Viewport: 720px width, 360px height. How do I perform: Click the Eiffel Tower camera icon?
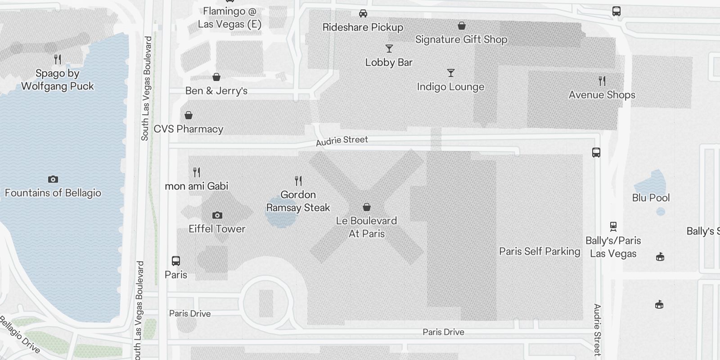tap(217, 216)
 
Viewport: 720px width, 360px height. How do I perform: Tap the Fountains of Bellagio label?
tap(53, 193)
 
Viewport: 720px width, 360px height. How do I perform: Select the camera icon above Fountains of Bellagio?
tap(53, 180)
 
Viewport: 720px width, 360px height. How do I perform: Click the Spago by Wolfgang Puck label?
tap(58, 80)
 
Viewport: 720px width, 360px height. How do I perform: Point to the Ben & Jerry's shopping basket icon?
tap(216, 77)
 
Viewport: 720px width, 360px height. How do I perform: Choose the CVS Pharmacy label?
tap(189, 129)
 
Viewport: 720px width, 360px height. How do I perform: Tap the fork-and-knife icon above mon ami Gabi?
tap(197, 172)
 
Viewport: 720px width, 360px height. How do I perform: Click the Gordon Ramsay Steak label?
tap(298, 201)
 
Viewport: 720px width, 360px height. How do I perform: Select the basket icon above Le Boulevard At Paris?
tap(367, 207)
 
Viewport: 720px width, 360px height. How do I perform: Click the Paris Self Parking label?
tap(540, 252)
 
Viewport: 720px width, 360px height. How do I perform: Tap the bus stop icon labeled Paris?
tap(176, 261)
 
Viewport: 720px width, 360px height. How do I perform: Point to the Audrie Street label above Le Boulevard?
tap(342, 141)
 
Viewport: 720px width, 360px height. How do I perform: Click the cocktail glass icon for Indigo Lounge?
tap(451, 73)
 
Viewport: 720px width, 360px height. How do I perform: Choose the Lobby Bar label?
tap(389, 63)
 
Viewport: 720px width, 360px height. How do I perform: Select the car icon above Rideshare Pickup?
tap(363, 13)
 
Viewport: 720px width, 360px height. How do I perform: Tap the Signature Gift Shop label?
tap(461, 40)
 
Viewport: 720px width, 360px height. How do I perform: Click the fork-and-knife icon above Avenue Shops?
tap(602, 81)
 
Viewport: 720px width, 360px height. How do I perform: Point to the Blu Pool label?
tap(651, 198)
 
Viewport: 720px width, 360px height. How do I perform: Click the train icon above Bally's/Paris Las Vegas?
tap(613, 226)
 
